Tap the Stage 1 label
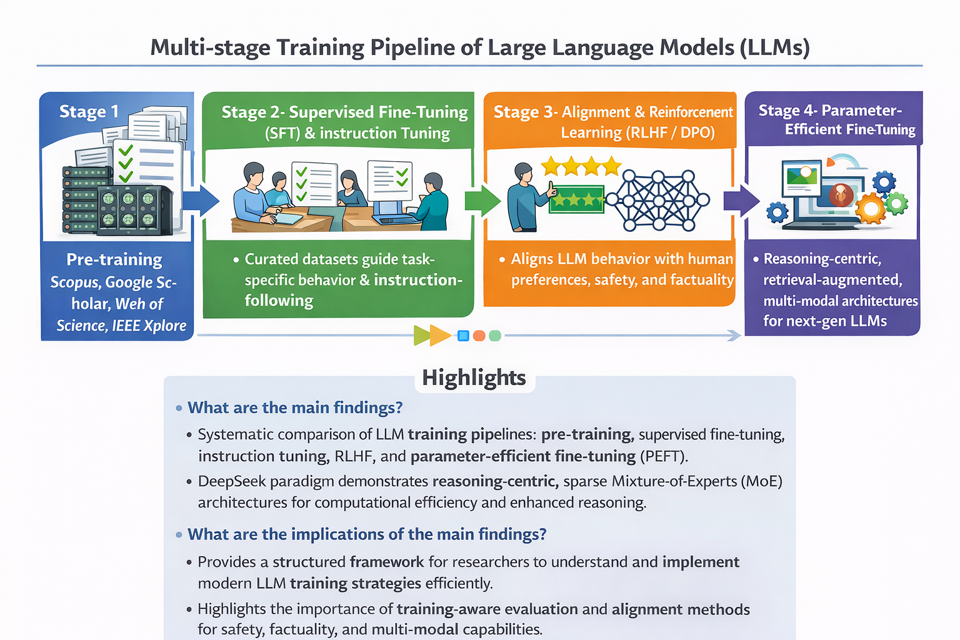point(89,111)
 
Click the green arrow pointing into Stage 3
point(482,200)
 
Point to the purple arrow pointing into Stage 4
point(741,201)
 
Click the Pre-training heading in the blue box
point(114,259)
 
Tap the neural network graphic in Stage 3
point(658,200)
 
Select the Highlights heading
point(474,377)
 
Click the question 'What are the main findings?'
point(295,407)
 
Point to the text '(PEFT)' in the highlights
point(664,456)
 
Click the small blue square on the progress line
point(463,336)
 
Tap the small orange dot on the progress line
point(479,336)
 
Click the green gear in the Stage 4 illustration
point(897,203)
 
